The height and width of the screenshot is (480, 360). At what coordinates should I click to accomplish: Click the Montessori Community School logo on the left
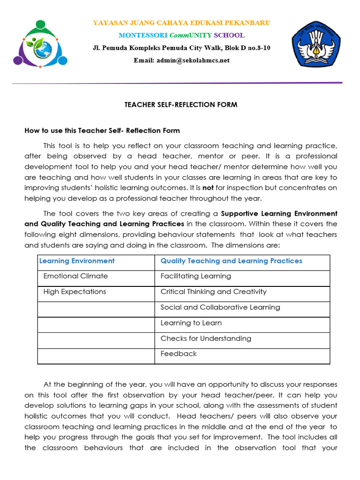[40, 44]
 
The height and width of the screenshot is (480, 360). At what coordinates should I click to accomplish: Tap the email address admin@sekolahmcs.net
[181, 60]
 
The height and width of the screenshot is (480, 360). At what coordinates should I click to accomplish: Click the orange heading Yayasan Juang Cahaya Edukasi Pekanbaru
[181, 23]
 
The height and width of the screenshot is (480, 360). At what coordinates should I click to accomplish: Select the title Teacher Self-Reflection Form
[181, 105]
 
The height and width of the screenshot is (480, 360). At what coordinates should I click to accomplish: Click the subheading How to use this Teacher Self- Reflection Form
[102, 131]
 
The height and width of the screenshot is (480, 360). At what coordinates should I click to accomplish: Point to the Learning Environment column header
[77, 261]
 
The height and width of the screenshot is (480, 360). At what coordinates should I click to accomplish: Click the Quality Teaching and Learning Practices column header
[231, 261]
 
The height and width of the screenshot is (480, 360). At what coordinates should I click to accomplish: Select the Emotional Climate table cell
[75, 276]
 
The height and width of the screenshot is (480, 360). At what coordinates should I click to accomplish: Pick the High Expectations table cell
[75, 292]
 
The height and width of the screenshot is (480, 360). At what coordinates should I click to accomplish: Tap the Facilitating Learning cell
[195, 276]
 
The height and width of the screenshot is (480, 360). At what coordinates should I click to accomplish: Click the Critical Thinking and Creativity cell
[213, 292]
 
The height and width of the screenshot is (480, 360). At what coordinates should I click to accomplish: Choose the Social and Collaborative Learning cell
[220, 307]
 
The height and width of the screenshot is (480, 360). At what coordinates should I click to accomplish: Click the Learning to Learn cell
[191, 323]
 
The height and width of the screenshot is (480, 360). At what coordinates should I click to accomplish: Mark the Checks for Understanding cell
[206, 338]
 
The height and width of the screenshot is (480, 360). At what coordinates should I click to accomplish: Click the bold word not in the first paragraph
[208, 187]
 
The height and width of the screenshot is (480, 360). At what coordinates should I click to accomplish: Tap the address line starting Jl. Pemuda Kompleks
[181, 48]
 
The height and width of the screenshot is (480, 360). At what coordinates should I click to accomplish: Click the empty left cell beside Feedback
[96, 356]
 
